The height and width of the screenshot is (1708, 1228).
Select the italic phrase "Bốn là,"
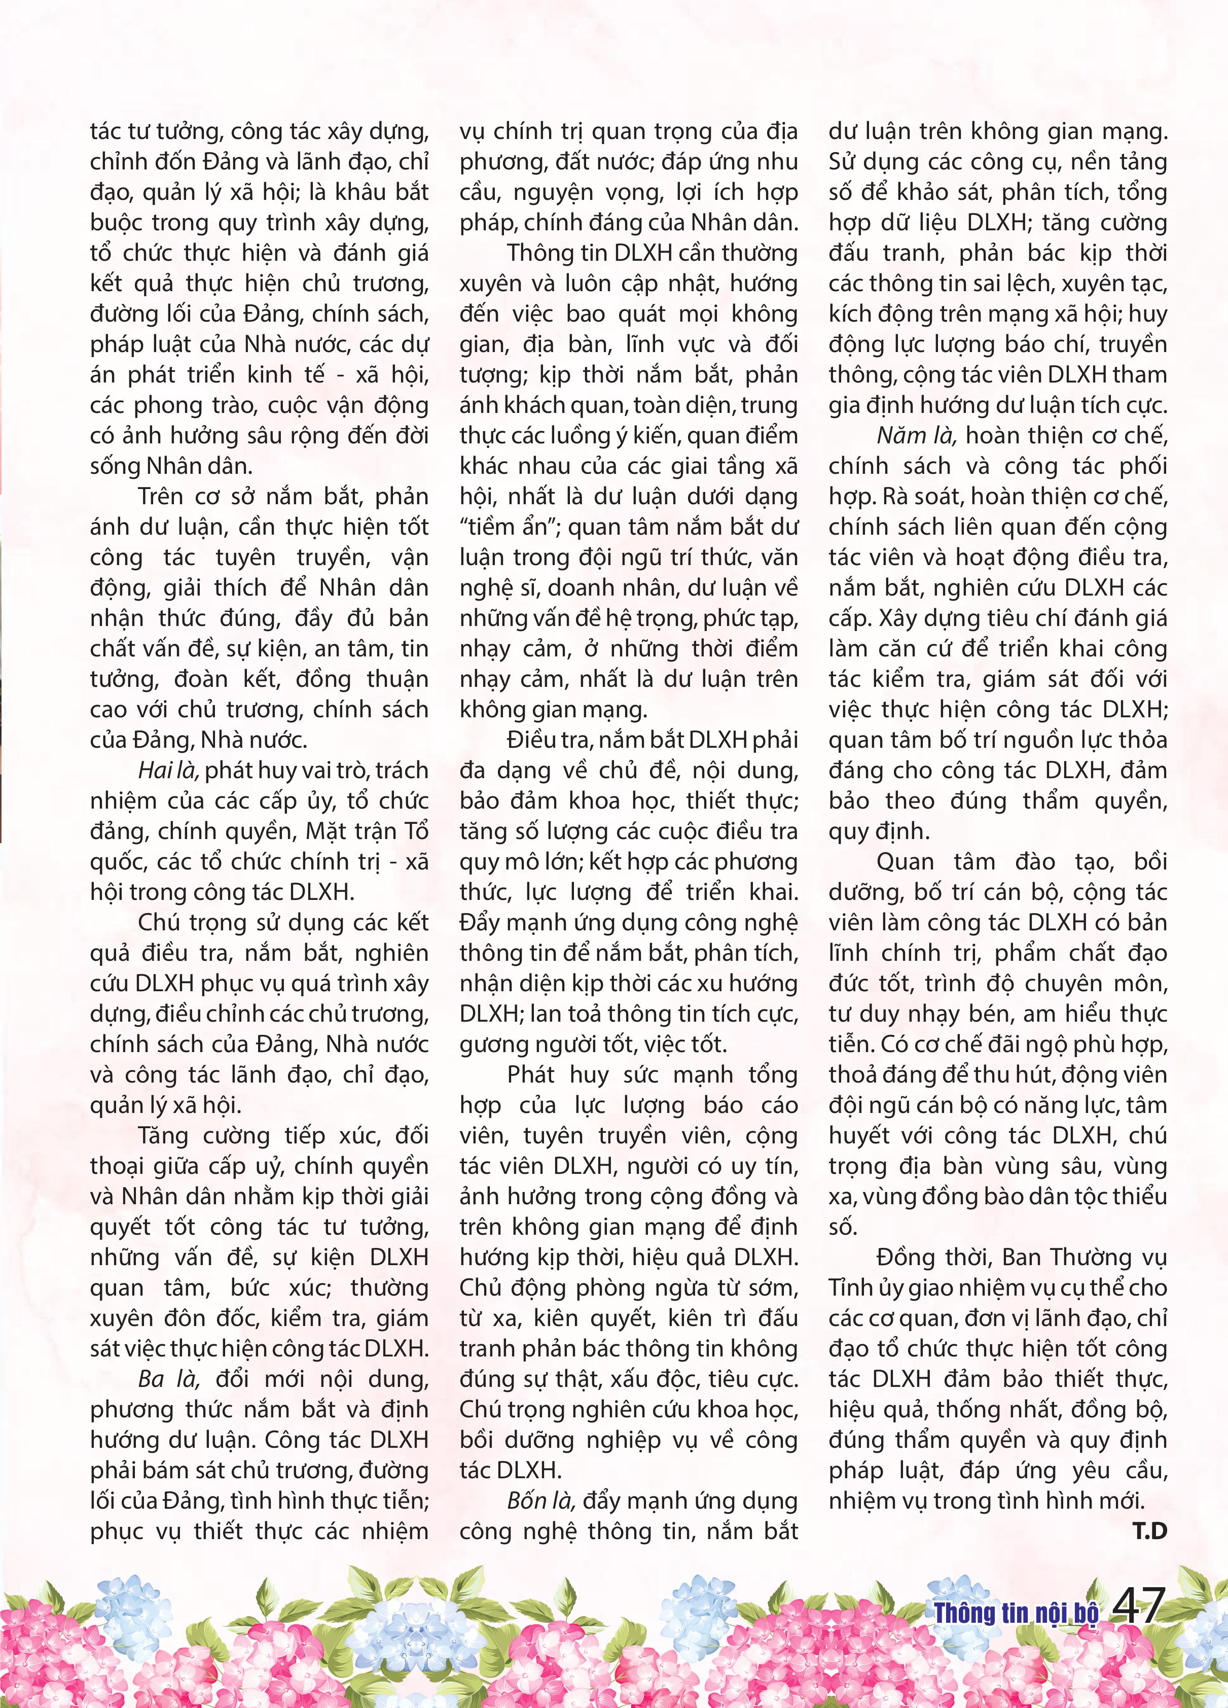[x=541, y=1501]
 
